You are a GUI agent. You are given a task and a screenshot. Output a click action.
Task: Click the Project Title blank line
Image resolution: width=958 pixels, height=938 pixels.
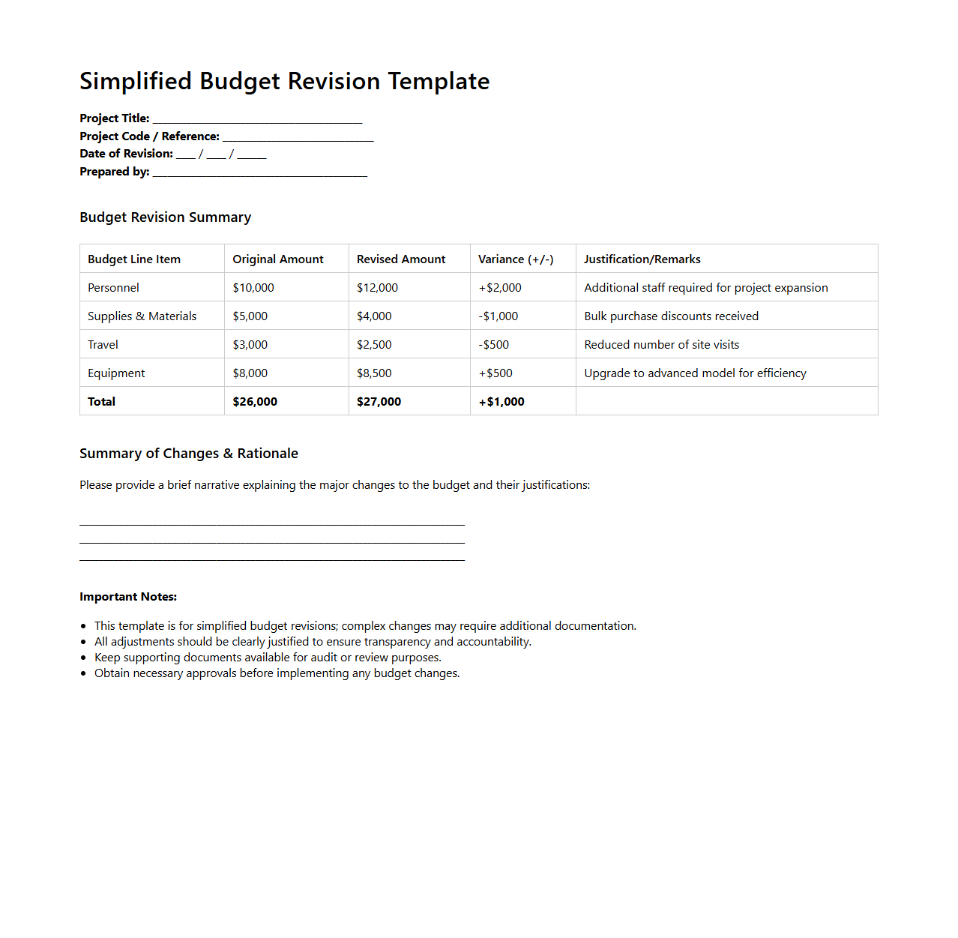point(257,120)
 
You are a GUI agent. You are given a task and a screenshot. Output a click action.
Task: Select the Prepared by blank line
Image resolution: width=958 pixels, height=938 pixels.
point(259,173)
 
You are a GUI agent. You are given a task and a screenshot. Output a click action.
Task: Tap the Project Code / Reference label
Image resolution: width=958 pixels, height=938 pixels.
point(149,136)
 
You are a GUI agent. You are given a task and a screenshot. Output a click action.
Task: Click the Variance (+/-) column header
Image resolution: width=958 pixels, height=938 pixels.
point(516,259)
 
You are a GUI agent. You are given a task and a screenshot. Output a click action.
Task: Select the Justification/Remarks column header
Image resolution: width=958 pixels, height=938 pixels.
point(642,259)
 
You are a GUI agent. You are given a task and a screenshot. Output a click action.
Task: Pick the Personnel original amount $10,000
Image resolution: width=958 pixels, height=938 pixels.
point(253,288)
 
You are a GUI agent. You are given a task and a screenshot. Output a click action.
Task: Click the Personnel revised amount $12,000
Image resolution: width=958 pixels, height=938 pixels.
point(377,288)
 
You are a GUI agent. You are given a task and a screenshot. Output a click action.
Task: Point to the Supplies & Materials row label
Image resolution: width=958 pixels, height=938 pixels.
point(142,316)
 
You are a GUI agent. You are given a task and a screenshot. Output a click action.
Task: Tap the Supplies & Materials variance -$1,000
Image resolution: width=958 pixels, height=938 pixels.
point(498,316)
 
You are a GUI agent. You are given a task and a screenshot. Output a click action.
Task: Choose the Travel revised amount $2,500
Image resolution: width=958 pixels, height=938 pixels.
point(374,345)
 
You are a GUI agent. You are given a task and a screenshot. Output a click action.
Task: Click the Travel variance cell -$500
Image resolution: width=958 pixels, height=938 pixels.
point(494,345)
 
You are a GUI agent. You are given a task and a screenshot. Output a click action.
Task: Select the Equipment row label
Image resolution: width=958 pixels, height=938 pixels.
point(116,373)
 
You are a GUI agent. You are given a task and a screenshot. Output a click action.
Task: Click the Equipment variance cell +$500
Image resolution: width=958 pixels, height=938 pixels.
point(495,373)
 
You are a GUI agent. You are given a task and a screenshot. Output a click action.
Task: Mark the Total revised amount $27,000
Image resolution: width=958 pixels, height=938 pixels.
point(379,402)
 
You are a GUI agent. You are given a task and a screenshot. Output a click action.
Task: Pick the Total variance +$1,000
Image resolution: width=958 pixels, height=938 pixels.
point(501,402)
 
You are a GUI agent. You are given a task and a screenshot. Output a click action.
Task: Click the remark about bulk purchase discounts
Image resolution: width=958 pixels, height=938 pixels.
point(671,316)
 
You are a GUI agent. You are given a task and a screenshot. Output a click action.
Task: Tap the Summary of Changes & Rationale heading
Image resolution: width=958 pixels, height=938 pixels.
point(189,454)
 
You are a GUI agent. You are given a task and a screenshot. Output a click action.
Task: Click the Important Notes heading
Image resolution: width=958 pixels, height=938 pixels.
point(128,597)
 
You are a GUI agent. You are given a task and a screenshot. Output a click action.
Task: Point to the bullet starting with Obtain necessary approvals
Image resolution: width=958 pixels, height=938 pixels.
point(277,673)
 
